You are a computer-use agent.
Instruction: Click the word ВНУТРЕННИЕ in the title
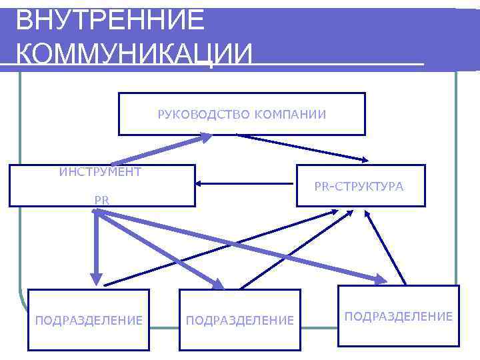tap(110, 20)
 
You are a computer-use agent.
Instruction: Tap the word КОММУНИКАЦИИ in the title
tap(134, 53)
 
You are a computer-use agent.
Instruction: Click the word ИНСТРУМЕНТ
tap(100, 172)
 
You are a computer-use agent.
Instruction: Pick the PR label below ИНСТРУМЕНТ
tap(102, 199)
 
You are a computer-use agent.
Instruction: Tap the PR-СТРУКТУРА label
tap(359, 187)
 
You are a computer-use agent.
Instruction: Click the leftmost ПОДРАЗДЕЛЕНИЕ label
tap(89, 321)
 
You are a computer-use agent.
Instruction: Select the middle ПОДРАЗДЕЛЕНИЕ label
tap(240, 321)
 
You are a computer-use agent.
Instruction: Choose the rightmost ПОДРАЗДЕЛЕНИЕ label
tap(399, 315)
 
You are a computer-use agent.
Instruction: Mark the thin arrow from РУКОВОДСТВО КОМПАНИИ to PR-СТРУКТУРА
tap(303, 147)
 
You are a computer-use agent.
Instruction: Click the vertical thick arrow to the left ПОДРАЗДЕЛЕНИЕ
tap(97, 247)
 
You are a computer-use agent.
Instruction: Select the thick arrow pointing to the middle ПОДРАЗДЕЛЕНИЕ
tap(160, 250)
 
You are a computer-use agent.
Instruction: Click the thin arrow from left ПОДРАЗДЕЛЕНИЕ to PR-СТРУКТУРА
tap(220, 247)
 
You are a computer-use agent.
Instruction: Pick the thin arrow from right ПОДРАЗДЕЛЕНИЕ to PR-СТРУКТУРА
tap(387, 247)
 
